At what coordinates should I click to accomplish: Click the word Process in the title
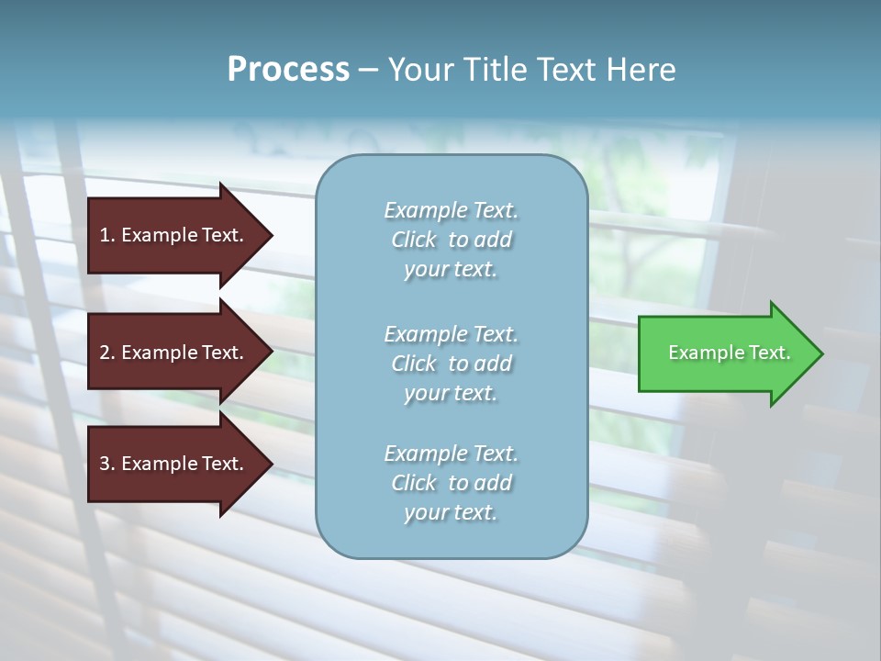point(288,70)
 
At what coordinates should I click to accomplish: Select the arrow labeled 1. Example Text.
point(174,236)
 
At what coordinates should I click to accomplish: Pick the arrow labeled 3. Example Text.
point(174,465)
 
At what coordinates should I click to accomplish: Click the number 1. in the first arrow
point(107,236)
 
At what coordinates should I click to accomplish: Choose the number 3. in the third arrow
point(107,465)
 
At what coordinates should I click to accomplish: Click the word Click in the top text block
point(414,241)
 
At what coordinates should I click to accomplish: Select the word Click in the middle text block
point(414,364)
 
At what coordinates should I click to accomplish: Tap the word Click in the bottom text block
point(414,483)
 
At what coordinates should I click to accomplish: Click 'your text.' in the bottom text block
point(451,513)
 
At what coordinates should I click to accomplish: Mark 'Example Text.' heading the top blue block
point(451,210)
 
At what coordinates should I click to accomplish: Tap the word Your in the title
point(418,70)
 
